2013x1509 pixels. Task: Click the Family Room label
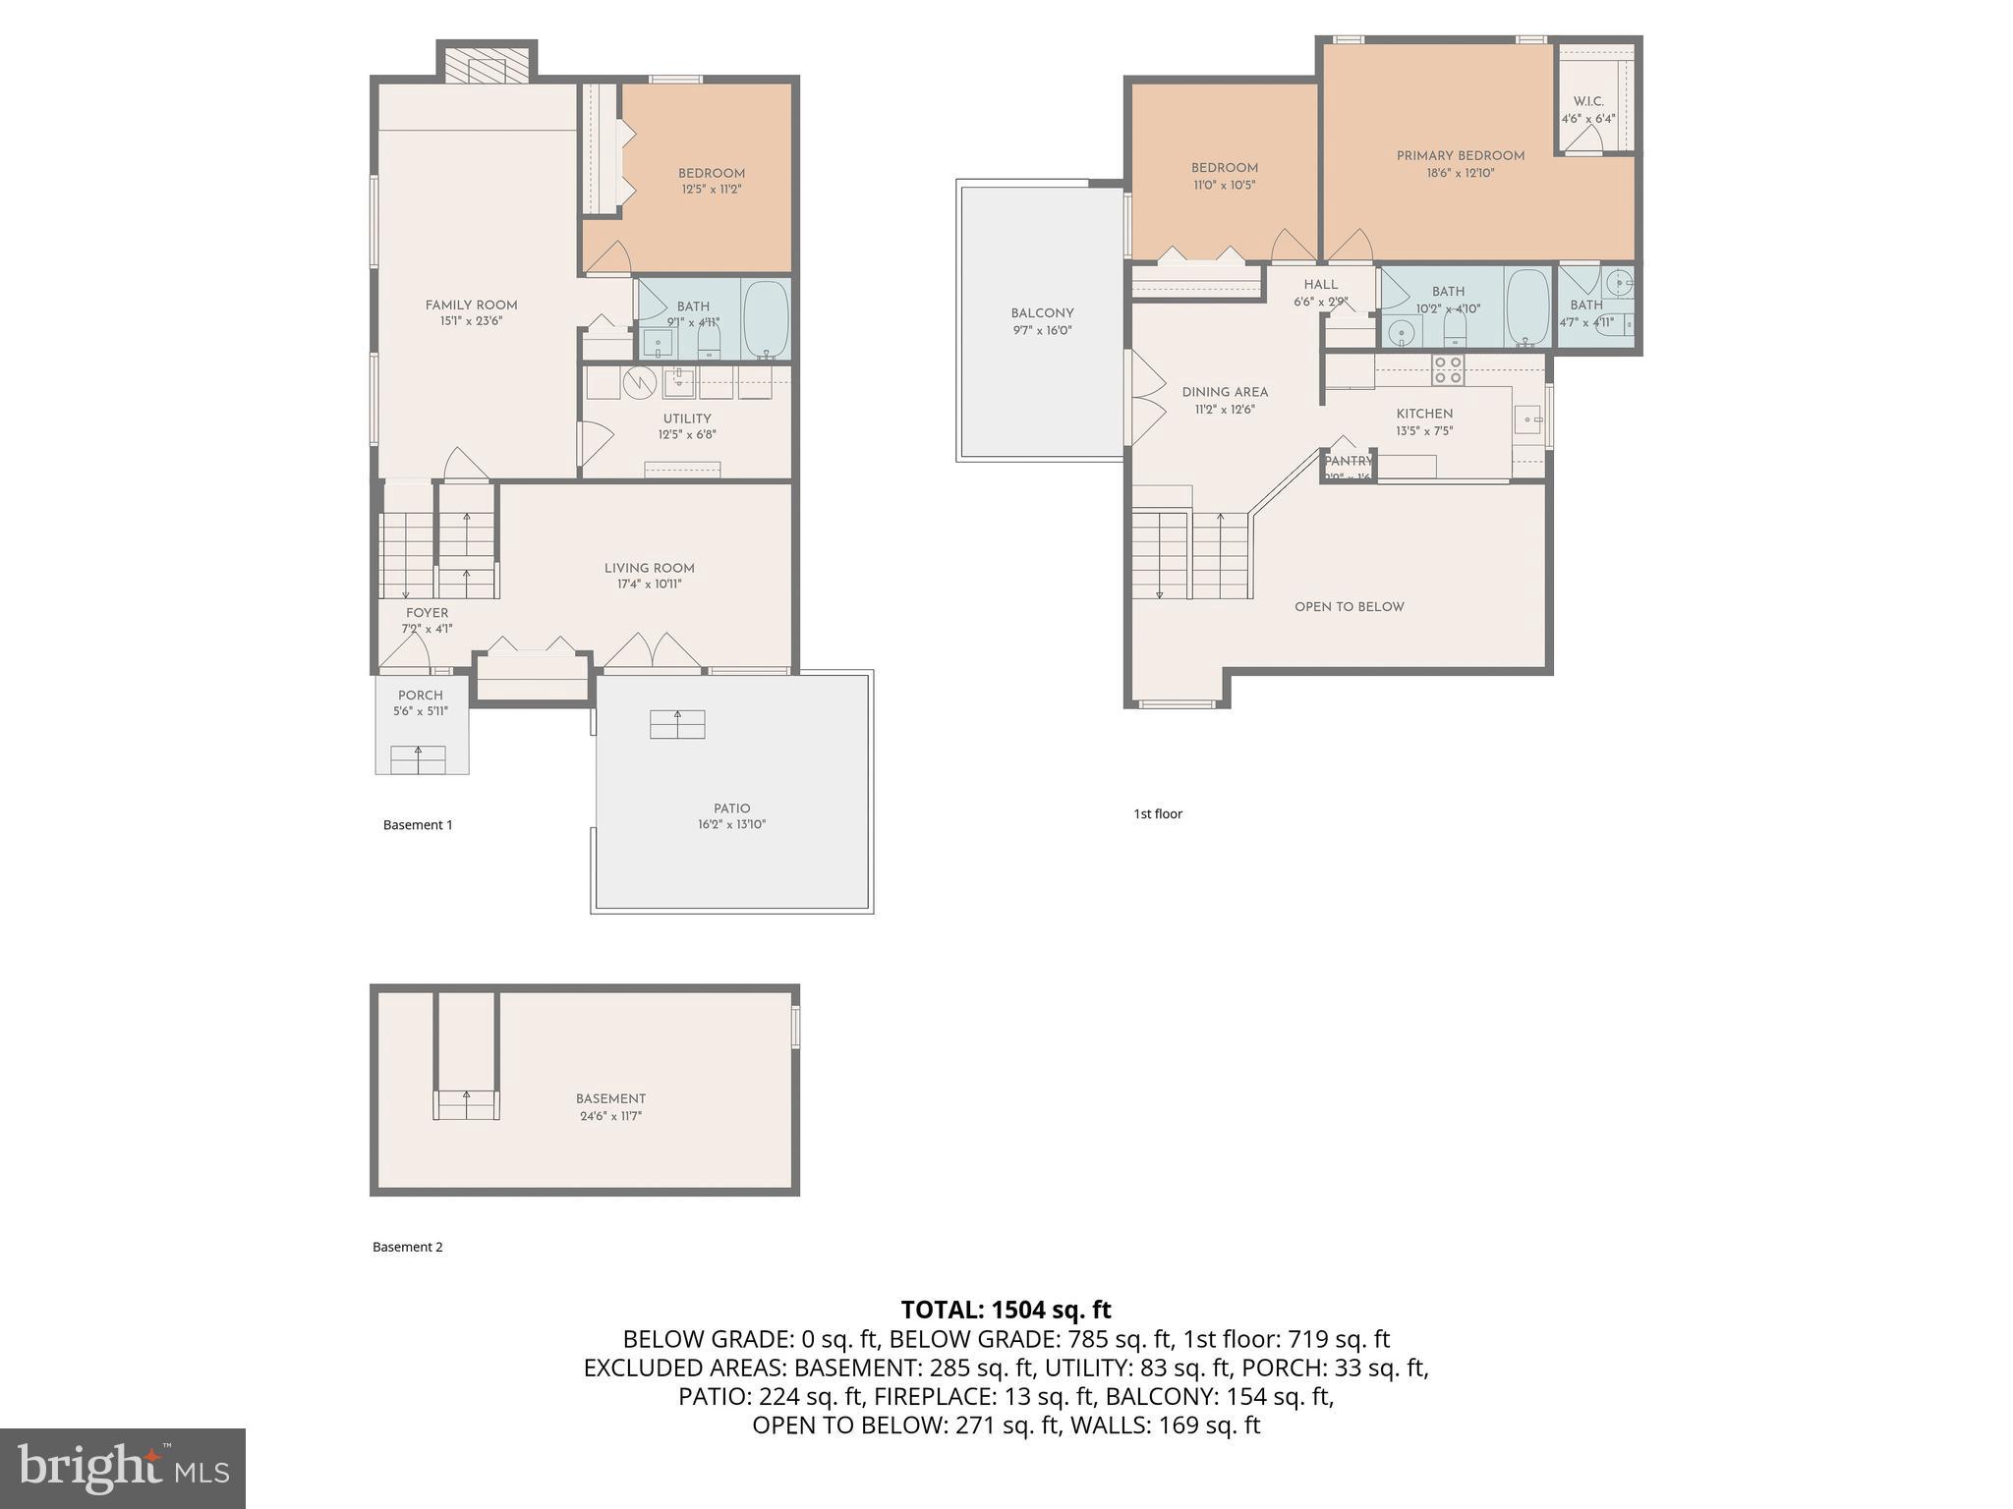click(471, 305)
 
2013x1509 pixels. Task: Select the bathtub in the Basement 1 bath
click(766, 318)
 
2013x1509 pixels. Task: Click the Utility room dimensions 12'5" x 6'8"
click(687, 434)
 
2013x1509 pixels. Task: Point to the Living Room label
click(649, 568)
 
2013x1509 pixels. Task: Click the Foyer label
click(427, 613)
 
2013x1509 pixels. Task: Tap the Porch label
click(421, 696)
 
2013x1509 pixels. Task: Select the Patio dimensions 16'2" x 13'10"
click(731, 825)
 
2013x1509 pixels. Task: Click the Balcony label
click(1042, 313)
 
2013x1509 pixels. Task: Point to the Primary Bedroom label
click(1461, 155)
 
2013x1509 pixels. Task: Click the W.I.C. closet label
click(1588, 102)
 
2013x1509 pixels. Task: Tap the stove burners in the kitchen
click(1447, 370)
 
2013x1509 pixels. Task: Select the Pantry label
click(1348, 461)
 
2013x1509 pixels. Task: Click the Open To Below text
click(1349, 607)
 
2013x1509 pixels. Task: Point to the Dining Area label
click(1225, 392)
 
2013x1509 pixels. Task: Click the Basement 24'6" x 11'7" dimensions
click(610, 1116)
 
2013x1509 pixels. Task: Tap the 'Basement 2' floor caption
click(407, 1247)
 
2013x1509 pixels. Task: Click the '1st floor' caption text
click(1158, 813)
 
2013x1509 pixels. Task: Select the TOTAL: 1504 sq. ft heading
click(1006, 1310)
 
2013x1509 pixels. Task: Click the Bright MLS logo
click(123, 1468)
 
